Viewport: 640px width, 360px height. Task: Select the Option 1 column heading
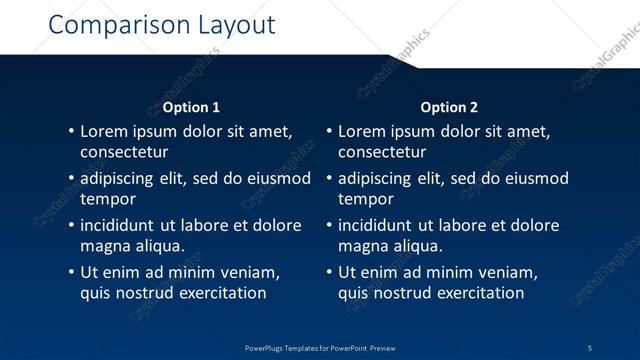(191, 107)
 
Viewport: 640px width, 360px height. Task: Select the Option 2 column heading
(449, 107)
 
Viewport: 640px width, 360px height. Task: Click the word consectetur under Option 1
(124, 152)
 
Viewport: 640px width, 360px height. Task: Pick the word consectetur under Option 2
(382, 152)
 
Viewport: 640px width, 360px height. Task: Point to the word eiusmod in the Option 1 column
(279, 178)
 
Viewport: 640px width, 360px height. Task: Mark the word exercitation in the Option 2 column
(477, 293)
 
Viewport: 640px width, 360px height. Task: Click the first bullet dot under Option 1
(70, 131)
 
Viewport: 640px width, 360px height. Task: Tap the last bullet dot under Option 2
(328, 272)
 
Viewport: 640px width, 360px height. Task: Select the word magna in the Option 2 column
(362, 246)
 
